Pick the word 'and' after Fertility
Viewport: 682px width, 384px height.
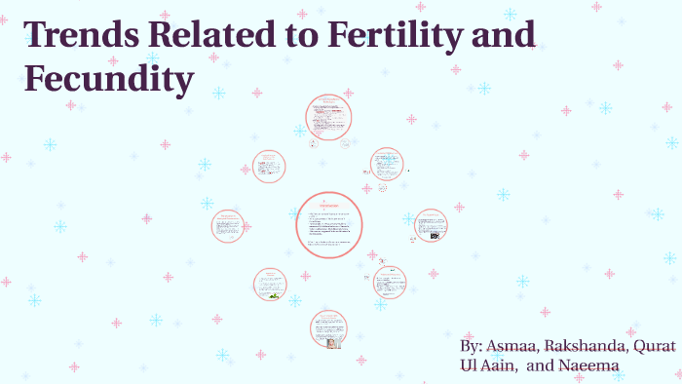(x=497, y=36)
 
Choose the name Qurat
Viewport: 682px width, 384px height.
(x=654, y=348)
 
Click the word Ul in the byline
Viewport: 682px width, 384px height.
(x=469, y=366)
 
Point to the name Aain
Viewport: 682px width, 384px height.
(x=501, y=366)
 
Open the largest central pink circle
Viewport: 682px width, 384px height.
(x=329, y=225)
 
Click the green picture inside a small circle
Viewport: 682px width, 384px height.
(x=275, y=294)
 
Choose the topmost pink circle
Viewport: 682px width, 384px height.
(x=328, y=118)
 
